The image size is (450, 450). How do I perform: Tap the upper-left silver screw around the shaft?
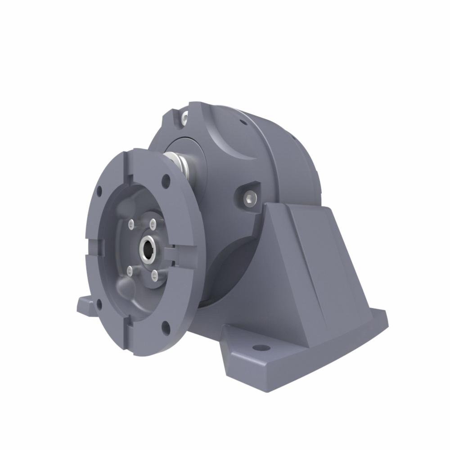coord(131,224)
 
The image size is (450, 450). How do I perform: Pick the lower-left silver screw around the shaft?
coord(130,270)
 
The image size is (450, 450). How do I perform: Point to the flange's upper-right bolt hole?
coord(166,181)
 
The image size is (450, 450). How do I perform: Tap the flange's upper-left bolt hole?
coord(99,191)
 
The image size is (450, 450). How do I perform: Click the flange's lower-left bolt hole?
coord(99,305)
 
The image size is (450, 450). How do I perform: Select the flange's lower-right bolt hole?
coord(166,328)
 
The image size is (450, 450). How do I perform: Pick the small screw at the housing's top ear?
coord(184,118)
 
